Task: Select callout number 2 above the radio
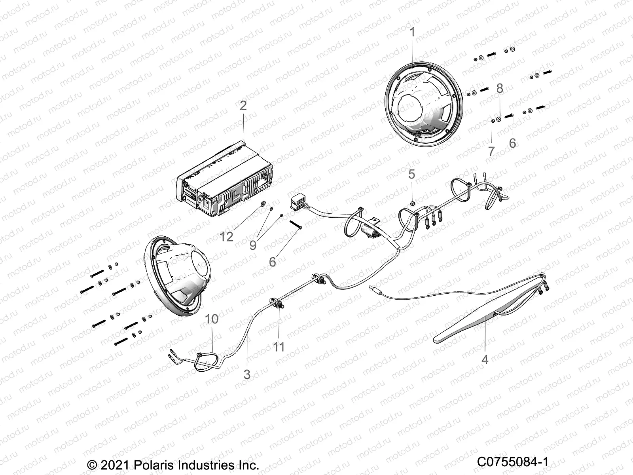click(243, 105)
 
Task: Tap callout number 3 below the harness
click(247, 374)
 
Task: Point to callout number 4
click(485, 359)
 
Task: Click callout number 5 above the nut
click(412, 174)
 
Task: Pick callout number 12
click(227, 237)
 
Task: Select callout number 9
click(253, 245)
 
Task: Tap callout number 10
click(212, 319)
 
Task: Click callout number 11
click(279, 347)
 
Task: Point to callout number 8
click(511, 88)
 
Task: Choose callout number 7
click(491, 151)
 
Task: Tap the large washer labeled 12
click(262, 205)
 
